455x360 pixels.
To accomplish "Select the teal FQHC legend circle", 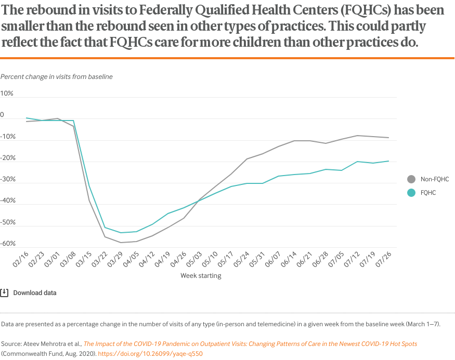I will pyautogui.click(x=411, y=192).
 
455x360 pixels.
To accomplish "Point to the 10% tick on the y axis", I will pyautogui.click(x=7, y=94).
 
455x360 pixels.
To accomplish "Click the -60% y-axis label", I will pyautogui.click(x=8, y=244).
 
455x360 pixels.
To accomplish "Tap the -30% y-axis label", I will pyautogui.click(x=8, y=179).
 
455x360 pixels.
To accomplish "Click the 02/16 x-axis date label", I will pyautogui.click(x=21, y=258).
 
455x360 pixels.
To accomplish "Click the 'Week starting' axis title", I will pyautogui.click(x=201, y=275).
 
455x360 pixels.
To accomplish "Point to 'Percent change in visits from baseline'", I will pyautogui.click(x=57, y=76).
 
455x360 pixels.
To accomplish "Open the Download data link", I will pyautogui.click(x=35, y=292).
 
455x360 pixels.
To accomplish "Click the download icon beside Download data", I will pyautogui.click(x=4, y=292).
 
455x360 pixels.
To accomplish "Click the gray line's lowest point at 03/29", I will pyautogui.click(x=121, y=243).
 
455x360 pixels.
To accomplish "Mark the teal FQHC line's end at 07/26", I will pyautogui.click(x=388, y=161).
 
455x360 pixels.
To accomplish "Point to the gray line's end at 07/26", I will pyautogui.click(x=388, y=138).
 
